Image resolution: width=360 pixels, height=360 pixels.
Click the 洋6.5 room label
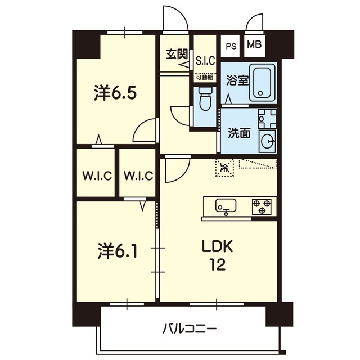[115, 93]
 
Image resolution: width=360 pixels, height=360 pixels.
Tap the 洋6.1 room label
[118, 251]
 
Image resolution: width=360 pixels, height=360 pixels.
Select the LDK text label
[217, 246]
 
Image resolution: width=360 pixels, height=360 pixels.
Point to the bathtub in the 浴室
[263, 82]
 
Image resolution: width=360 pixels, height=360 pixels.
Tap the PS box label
[231, 46]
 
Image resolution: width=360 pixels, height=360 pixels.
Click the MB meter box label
[254, 44]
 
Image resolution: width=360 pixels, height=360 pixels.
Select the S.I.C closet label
[205, 61]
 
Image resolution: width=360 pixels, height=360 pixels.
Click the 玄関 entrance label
[177, 55]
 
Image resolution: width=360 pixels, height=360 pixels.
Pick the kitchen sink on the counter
[226, 206]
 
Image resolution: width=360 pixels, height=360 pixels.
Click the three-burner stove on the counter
[262, 207]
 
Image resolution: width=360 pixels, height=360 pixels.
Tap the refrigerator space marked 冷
[224, 167]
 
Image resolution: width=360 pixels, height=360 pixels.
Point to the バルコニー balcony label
[190, 329]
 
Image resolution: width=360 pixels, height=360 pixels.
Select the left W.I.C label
[97, 176]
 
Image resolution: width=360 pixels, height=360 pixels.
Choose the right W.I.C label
[138, 176]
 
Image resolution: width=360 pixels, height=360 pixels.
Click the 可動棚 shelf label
[204, 77]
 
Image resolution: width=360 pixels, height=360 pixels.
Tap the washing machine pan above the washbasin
[267, 119]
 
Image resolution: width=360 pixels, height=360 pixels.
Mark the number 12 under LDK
[217, 264]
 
